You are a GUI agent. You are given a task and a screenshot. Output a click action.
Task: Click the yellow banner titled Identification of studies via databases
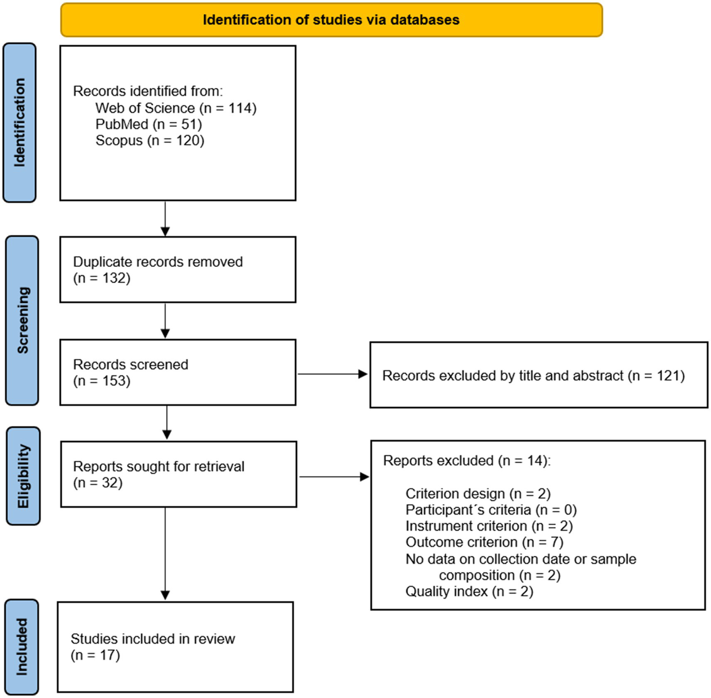click(331, 20)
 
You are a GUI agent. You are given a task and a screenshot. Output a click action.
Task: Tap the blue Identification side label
click(19, 123)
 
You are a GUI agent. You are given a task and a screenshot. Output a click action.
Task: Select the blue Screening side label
click(22, 320)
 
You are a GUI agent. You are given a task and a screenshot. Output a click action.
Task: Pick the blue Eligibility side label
click(23, 476)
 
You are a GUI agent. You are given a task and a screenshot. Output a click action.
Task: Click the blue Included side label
click(22, 647)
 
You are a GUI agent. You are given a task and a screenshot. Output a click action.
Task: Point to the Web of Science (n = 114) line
click(176, 108)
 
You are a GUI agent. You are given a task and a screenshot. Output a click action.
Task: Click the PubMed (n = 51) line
click(148, 124)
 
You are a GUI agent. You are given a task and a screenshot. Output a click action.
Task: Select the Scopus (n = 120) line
click(150, 140)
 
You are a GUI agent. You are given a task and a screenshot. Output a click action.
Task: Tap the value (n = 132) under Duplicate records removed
click(102, 278)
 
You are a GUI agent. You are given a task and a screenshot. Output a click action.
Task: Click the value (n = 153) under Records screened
click(102, 381)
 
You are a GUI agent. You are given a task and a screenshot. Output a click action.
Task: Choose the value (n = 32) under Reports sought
click(98, 483)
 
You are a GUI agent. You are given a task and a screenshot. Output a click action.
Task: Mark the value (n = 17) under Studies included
click(95, 655)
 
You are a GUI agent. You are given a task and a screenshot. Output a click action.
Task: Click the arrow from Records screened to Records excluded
click(332, 374)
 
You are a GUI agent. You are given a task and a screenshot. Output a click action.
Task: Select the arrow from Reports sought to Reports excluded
click(333, 477)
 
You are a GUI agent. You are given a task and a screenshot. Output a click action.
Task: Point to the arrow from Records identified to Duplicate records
click(165, 218)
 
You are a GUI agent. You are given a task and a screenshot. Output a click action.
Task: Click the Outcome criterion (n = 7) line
click(484, 542)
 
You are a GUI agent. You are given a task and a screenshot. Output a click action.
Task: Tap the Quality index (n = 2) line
click(469, 591)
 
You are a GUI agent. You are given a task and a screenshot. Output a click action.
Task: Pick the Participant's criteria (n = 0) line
click(491, 510)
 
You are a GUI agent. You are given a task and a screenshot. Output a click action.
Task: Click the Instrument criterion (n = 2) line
click(489, 526)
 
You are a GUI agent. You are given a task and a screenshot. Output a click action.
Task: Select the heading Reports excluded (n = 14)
click(466, 461)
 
